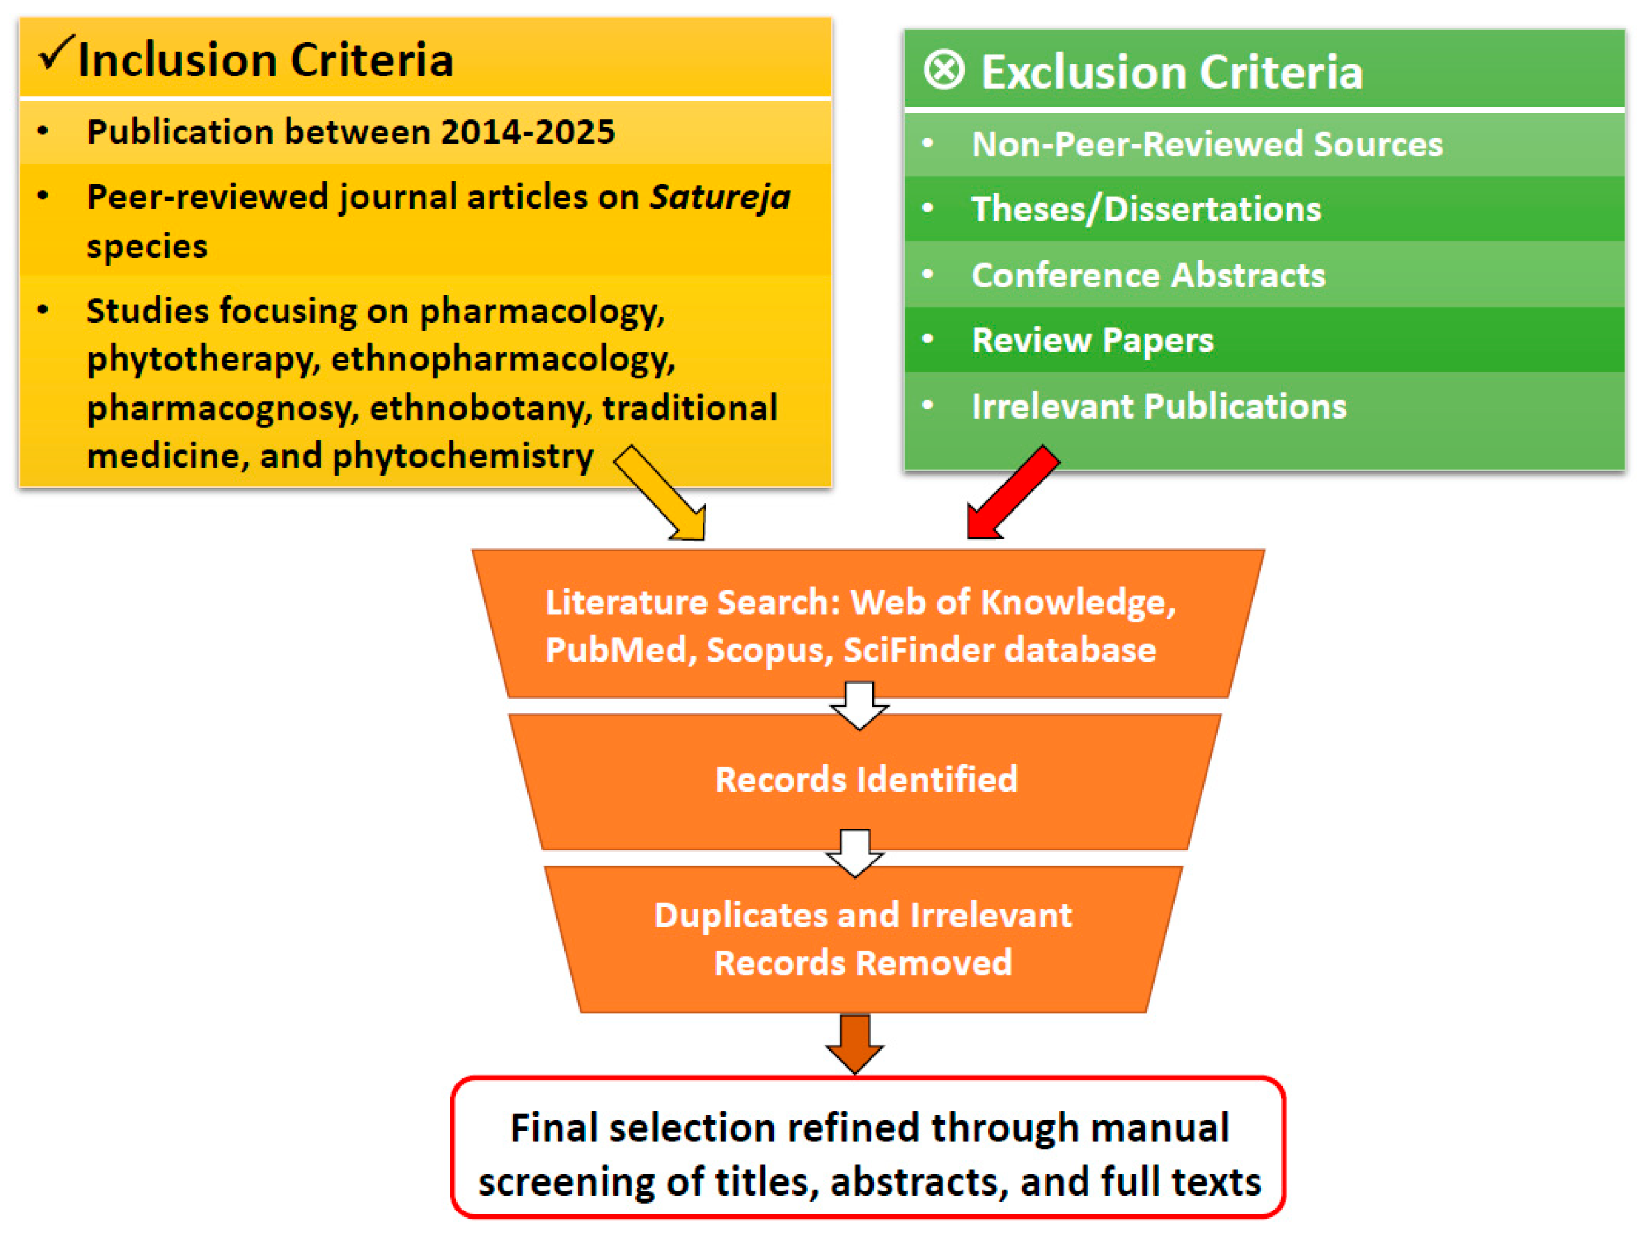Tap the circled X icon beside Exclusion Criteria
[x=943, y=71]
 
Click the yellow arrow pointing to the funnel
[x=660, y=493]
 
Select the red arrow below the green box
[x=1013, y=492]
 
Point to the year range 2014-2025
[x=527, y=132]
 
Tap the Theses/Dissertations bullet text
[x=1146, y=209]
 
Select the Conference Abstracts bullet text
[x=1149, y=275]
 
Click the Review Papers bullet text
[x=1092, y=340]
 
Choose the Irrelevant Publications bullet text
[x=1159, y=405]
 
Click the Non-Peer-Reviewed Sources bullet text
[x=1207, y=144]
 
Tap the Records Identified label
[x=866, y=778]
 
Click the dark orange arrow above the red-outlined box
[x=855, y=1043]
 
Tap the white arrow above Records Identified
[x=859, y=705]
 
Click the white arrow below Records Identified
[x=855, y=853]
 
